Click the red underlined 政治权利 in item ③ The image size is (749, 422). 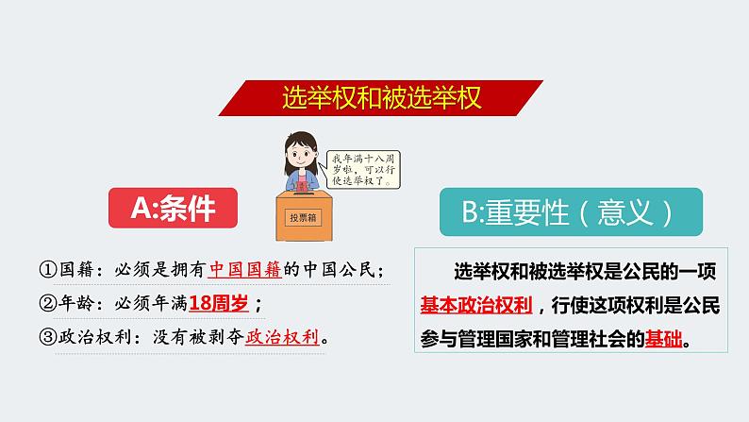pos(281,336)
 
